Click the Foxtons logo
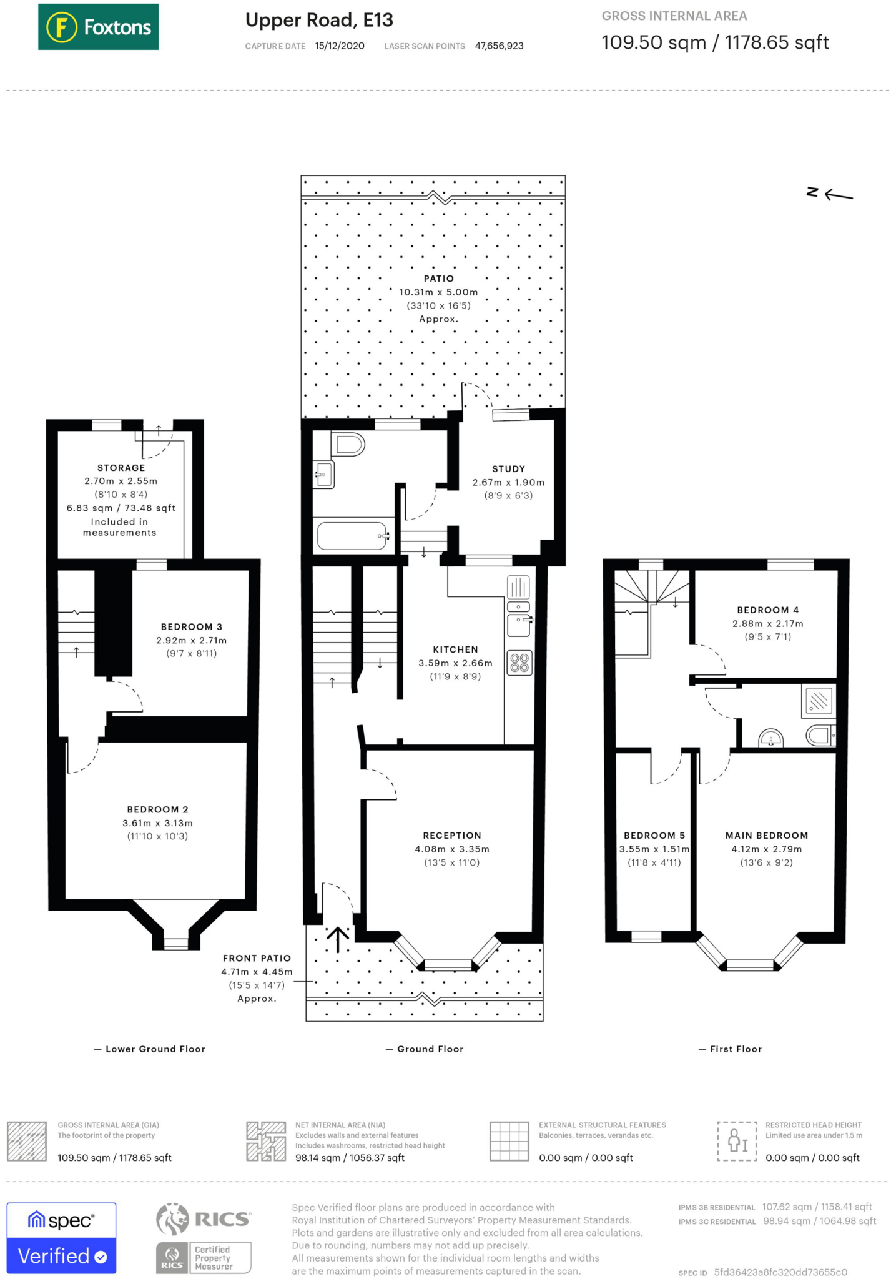(98, 27)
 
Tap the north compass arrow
(839, 195)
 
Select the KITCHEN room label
(455, 649)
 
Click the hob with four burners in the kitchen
(519, 663)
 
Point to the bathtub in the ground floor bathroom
(353, 536)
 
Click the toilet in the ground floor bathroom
(348, 444)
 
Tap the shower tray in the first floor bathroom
(818, 701)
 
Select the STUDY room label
(508, 468)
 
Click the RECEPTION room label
(452, 836)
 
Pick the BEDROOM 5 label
(654, 836)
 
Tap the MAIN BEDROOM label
(767, 836)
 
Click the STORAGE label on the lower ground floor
(121, 468)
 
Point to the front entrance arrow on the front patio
(338, 939)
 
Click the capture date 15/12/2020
(340, 46)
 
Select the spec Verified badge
(61, 1238)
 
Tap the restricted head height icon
(737, 1141)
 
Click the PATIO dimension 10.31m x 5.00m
(438, 292)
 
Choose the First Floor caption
(736, 1049)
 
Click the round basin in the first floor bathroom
(771, 738)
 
